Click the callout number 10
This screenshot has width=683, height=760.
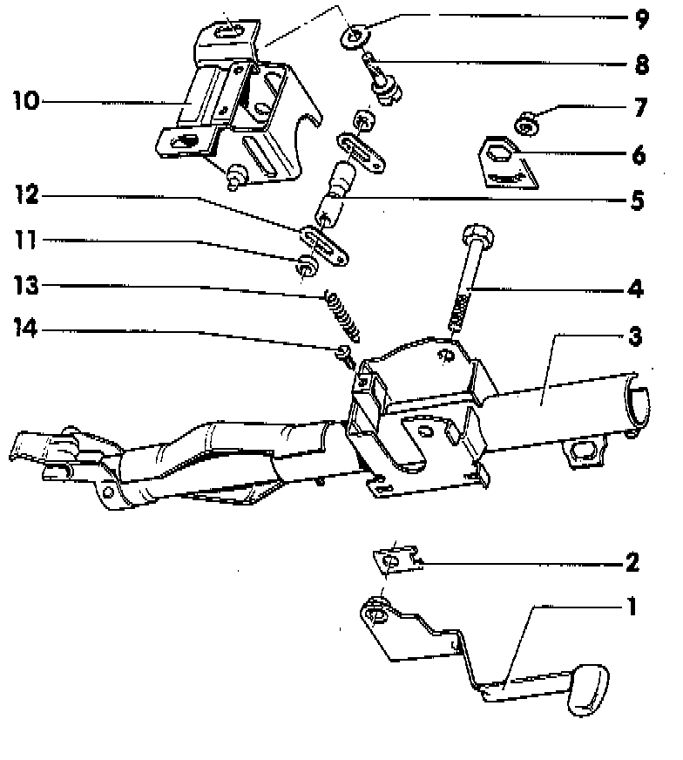coord(26,101)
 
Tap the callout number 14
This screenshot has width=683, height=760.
coord(26,330)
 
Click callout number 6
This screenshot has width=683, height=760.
coord(639,156)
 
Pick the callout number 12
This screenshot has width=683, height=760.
coord(26,198)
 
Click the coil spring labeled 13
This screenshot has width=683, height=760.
coord(342,315)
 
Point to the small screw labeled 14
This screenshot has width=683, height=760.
coord(345,352)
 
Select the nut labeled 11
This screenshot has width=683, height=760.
coord(307,268)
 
